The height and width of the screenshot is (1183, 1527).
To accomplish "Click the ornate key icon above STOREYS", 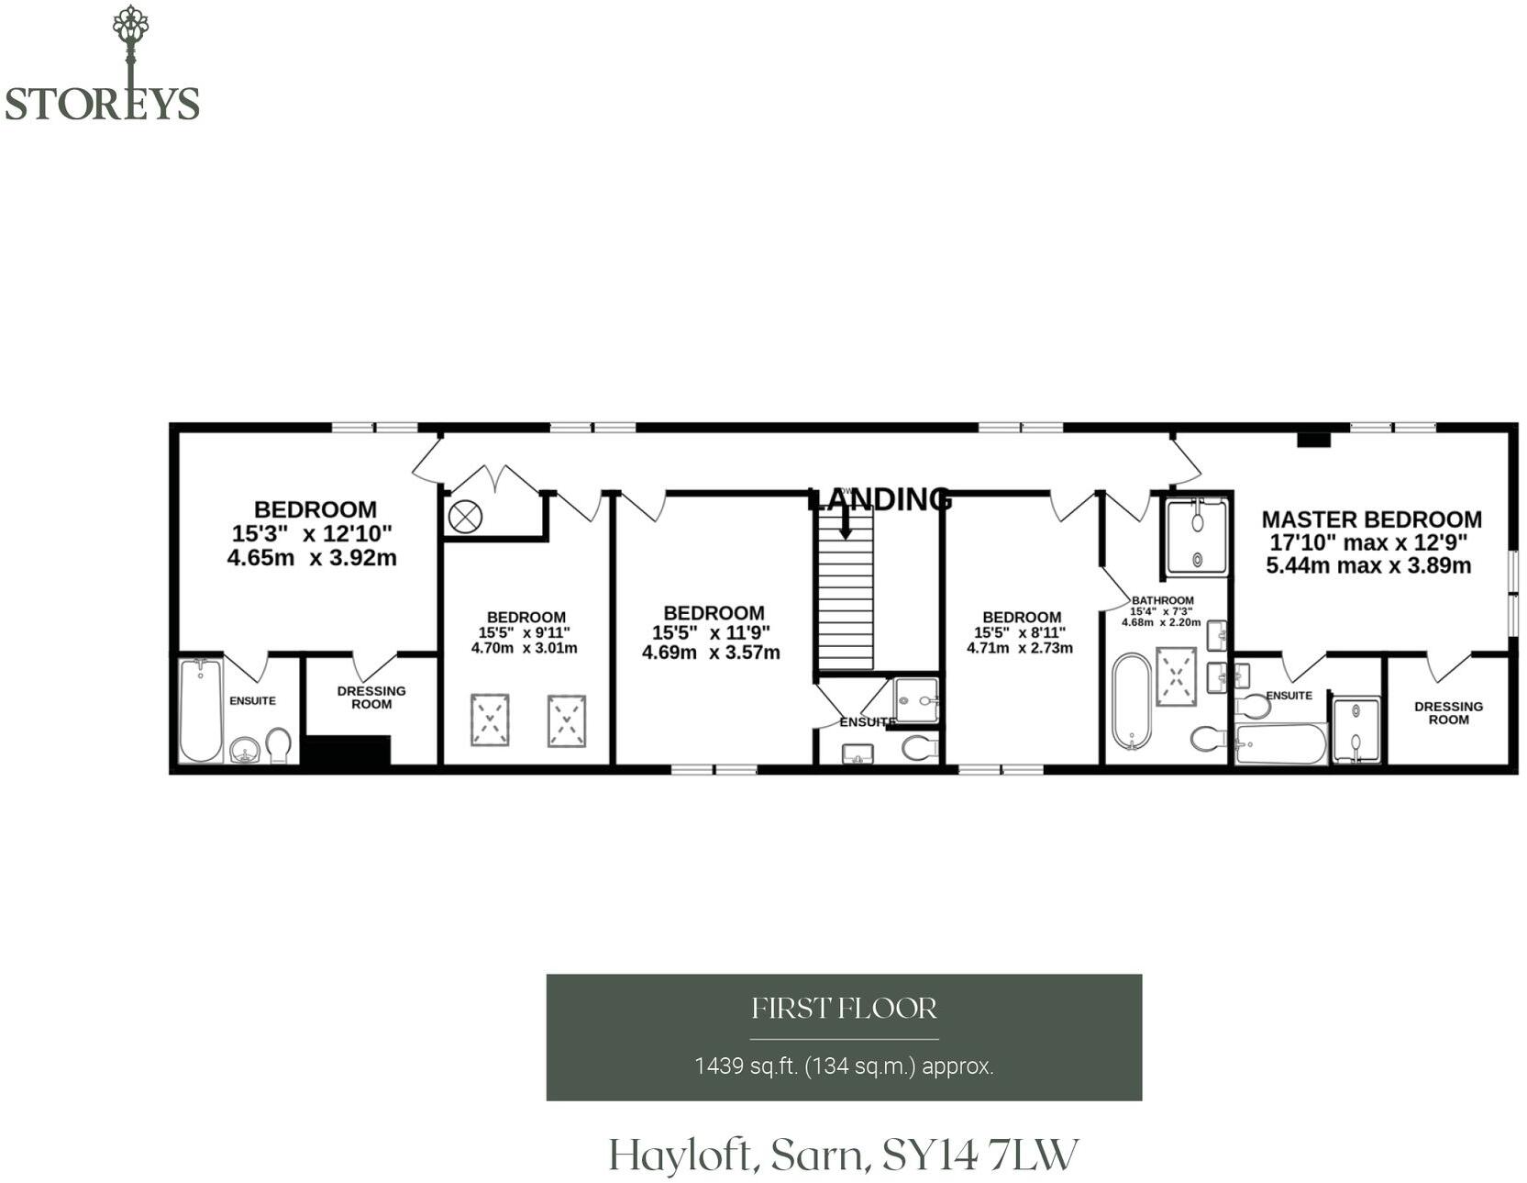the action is (x=130, y=46).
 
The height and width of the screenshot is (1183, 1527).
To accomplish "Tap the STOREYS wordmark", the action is (x=102, y=104).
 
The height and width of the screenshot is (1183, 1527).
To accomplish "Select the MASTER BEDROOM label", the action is (x=1371, y=519).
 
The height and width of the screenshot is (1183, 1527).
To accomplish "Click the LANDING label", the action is (x=880, y=499).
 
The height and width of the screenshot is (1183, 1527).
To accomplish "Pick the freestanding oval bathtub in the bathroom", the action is (x=1131, y=700).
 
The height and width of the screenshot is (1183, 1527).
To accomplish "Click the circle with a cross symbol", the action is (x=465, y=517).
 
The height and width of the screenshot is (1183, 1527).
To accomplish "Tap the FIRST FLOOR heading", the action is (x=844, y=1009).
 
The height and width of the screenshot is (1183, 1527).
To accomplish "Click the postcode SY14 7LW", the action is (x=979, y=1155).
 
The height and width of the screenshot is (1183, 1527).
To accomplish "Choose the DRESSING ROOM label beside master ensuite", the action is (x=1448, y=713).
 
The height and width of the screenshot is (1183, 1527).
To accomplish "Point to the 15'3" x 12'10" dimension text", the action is (x=312, y=533).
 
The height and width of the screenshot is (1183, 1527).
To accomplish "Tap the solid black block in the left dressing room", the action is (x=348, y=750).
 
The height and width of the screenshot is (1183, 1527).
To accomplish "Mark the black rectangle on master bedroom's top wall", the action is (x=1313, y=440).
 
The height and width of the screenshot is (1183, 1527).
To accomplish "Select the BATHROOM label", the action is (x=1162, y=600).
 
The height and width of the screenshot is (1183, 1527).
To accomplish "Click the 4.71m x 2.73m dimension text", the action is (x=1020, y=648).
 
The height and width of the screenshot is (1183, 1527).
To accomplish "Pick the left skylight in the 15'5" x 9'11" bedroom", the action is (x=490, y=720).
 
